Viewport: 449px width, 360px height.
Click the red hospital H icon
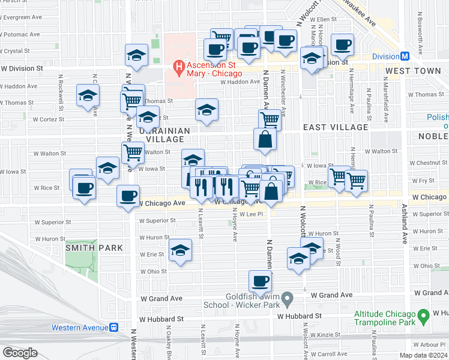(178, 67)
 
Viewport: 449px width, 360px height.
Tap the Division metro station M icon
(405, 56)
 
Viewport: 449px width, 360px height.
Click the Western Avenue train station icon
(114, 328)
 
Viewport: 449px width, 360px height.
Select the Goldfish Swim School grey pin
(288, 298)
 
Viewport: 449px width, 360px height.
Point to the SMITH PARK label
(94, 247)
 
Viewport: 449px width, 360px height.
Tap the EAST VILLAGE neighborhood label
(335, 127)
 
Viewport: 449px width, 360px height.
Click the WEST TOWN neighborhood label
(413, 71)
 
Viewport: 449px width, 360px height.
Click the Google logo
(20, 353)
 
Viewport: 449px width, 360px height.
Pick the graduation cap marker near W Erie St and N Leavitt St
(179, 251)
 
